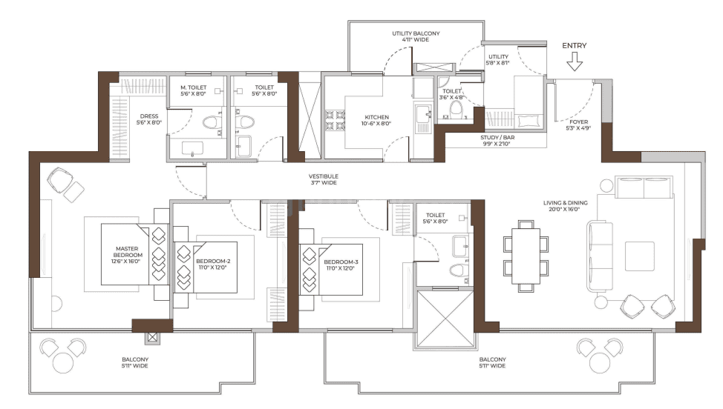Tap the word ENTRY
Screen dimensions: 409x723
(x=574, y=46)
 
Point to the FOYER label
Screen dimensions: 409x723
(x=579, y=124)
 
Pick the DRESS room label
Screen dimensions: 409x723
(x=150, y=119)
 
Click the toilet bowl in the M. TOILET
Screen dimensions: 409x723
(x=210, y=122)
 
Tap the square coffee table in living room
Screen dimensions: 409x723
(x=640, y=256)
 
